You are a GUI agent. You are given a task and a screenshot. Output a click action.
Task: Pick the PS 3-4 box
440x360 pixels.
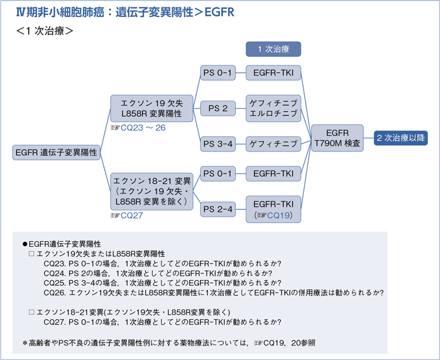click(x=217, y=144)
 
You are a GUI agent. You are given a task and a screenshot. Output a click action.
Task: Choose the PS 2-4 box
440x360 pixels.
click(x=217, y=208)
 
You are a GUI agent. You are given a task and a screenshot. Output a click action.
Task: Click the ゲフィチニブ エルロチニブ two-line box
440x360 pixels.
click(x=273, y=108)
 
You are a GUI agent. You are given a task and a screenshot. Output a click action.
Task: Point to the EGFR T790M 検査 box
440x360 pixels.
click(x=338, y=138)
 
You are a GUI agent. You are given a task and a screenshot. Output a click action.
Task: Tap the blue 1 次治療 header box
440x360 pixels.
click(x=273, y=48)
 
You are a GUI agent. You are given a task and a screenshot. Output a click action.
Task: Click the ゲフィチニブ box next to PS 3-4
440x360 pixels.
click(x=273, y=144)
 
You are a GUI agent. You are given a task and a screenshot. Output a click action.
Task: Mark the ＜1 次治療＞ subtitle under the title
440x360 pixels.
click(x=46, y=31)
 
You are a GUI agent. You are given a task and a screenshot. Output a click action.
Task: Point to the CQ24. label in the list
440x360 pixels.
click(x=54, y=273)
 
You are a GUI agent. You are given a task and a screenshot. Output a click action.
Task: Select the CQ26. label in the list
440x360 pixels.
click(x=54, y=292)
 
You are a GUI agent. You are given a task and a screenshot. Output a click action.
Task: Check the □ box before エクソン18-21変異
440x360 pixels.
click(x=32, y=312)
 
